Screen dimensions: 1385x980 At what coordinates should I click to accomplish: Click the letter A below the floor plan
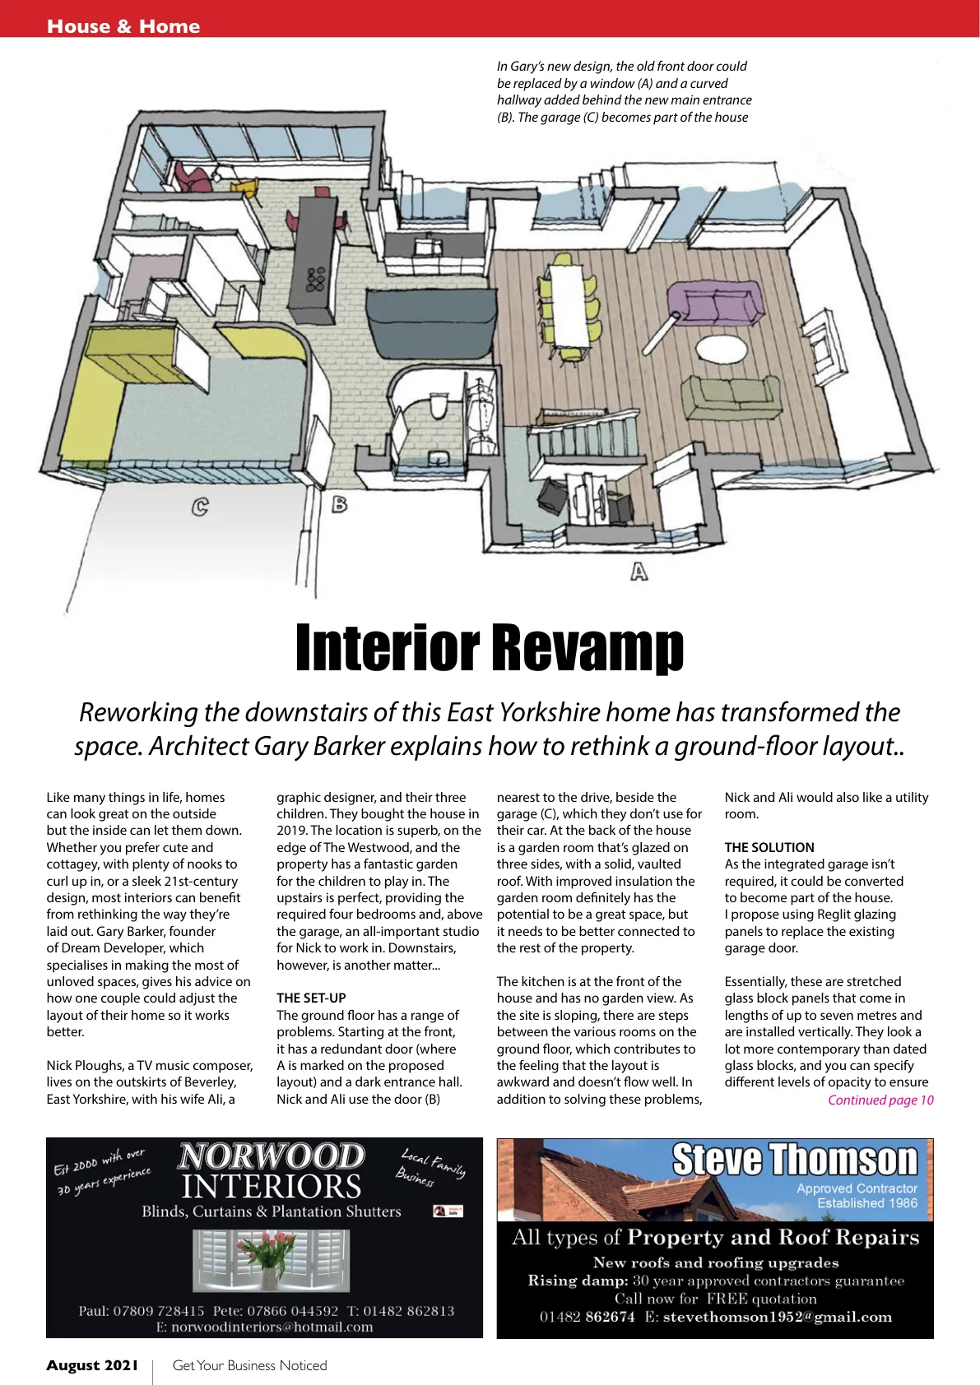(x=639, y=570)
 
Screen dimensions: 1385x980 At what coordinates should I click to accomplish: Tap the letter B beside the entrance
(x=339, y=504)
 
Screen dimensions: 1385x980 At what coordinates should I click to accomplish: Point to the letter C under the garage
(x=199, y=507)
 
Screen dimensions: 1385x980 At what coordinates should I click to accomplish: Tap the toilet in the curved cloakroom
(x=439, y=405)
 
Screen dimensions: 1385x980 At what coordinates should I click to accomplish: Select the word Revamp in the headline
(x=588, y=648)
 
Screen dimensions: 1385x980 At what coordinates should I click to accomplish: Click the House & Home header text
(x=123, y=26)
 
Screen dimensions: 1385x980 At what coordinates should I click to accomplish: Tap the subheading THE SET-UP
(x=311, y=998)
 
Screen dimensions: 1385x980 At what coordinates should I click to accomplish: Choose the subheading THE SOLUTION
(x=769, y=847)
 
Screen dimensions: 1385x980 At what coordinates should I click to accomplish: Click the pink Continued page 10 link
(x=880, y=1100)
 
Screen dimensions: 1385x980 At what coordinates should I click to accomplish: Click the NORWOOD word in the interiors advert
(x=271, y=1156)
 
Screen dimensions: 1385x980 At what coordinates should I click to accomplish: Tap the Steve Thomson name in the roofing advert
(x=794, y=1160)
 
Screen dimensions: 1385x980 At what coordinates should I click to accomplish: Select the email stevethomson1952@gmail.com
(x=777, y=1317)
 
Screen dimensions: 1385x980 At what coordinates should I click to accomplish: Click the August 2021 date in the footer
(x=92, y=1365)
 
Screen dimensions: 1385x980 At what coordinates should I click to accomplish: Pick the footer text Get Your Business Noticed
(x=249, y=1365)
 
